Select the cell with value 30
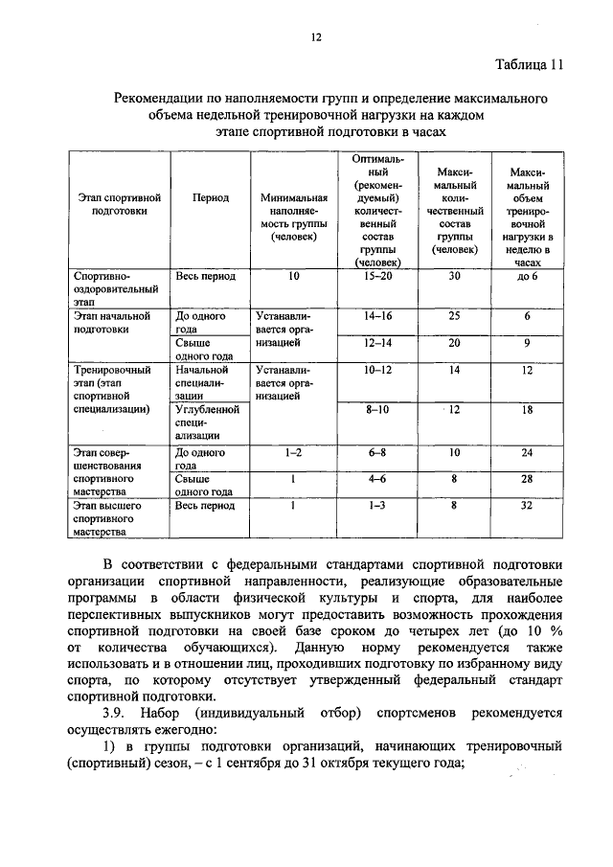(455, 276)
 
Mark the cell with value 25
(455, 315)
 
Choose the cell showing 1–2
(293, 451)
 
